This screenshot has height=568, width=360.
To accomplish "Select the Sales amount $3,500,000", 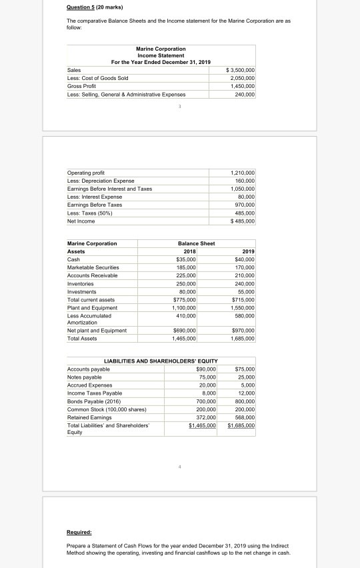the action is point(241,70).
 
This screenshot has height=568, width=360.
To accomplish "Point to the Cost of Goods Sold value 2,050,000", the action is point(243,78).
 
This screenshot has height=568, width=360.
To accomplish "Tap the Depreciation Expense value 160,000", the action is point(244,181).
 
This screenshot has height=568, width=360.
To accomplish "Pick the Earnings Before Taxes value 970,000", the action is point(244,205).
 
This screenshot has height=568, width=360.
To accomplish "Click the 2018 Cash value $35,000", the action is point(185,259).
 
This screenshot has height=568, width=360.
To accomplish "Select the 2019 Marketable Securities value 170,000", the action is point(244,267).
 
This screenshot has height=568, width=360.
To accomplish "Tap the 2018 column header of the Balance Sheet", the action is point(187,251).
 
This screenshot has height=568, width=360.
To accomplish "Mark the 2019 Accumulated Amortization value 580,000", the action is point(244,315).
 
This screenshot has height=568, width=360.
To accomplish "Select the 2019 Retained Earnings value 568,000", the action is point(244,416).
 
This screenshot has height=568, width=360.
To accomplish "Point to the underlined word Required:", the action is point(79,533).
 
